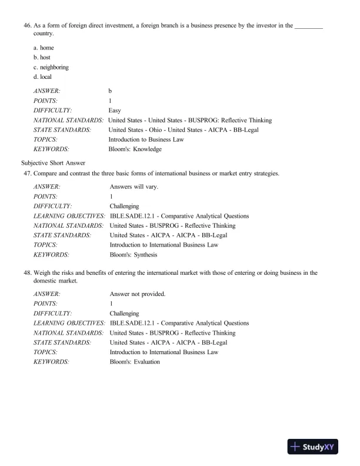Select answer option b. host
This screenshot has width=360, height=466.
[42, 57]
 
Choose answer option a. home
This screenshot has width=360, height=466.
[44, 48]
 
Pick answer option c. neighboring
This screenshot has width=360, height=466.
[51, 67]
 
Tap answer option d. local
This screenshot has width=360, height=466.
[42, 76]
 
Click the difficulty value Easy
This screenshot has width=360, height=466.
[115, 111]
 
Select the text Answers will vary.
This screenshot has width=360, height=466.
[134, 187]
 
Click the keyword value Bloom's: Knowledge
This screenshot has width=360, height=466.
[135, 149]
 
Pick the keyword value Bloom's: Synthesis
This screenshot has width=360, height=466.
[134, 255]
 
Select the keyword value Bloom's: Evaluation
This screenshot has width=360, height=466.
[135, 362]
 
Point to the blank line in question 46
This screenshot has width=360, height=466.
[309, 28]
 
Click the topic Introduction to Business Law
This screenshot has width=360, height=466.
[146, 139]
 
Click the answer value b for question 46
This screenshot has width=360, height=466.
[110, 91]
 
